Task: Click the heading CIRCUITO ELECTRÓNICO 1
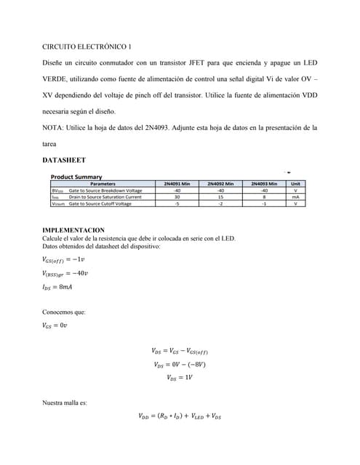tap(87, 46)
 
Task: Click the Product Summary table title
tap(76, 177)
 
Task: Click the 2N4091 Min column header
tap(177, 184)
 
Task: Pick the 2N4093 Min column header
tap(264, 184)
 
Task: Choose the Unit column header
tap(295, 184)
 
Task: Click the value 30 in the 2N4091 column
tap(177, 197)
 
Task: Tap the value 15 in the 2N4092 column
tap(220, 197)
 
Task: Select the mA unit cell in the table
tap(295, 197)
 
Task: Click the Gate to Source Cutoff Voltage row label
tap(100, 203)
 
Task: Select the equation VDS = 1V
tap(180, 378)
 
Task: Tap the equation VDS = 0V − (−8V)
tap(180, 365)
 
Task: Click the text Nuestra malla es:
tap(65, 402)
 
